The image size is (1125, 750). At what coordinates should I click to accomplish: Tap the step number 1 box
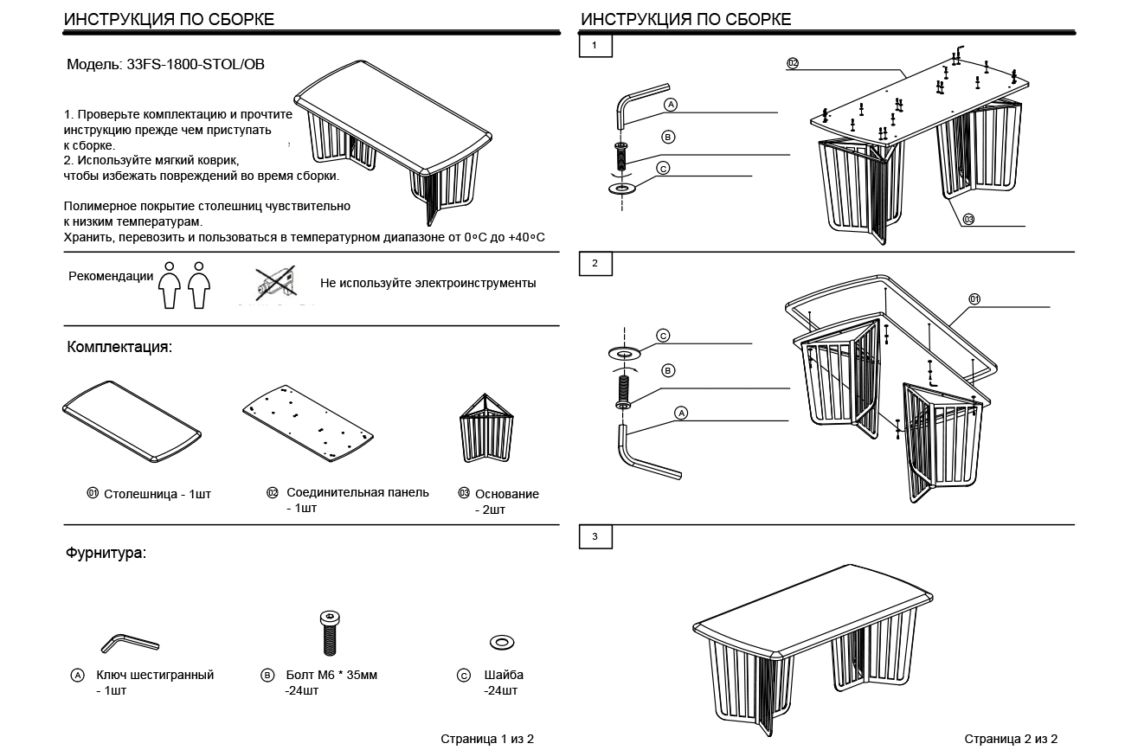595,45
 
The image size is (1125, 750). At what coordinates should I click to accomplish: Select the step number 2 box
595,263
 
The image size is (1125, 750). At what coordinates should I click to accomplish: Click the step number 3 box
595,536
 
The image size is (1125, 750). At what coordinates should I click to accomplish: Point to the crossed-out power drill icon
275,283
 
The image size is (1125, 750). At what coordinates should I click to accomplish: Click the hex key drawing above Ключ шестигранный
130,643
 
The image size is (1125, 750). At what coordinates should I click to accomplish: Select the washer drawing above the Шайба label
501,642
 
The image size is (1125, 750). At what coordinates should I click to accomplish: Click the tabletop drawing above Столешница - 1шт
132,421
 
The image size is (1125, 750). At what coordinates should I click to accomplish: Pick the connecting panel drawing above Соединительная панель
310,420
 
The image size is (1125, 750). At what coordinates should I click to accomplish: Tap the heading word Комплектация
119,347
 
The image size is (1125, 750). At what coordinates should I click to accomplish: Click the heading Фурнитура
106,553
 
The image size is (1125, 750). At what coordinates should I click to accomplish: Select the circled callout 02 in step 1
792,62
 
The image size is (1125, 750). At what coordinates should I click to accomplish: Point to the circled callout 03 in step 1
967,220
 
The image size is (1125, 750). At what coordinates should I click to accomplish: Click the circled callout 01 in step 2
974,299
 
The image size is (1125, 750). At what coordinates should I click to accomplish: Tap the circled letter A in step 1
670,104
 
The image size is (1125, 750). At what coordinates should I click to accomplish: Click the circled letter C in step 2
663,335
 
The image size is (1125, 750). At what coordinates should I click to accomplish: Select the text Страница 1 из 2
487,739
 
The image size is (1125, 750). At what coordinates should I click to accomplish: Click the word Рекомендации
111,277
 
